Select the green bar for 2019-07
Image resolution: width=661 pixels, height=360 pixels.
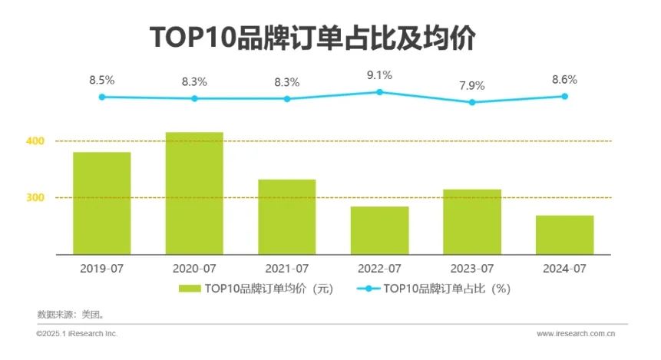point(101,203)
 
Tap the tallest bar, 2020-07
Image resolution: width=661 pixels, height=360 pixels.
point(194,193)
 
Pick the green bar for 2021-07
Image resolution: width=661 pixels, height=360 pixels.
point(286,216)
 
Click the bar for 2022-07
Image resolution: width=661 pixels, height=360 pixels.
point(379,230)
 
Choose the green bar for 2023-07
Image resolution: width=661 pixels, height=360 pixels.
point(472,221)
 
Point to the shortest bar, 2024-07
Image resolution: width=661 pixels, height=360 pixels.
point(564,234)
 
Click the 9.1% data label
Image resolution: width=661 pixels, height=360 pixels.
point(379,75)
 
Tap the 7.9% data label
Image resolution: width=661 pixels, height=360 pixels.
point(472,85)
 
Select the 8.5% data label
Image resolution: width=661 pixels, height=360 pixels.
point(101,79)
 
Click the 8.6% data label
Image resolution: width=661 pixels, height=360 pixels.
point(564,79)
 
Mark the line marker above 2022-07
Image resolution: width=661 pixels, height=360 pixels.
point(379,92)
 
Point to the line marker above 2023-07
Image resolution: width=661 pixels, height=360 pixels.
point(472,102)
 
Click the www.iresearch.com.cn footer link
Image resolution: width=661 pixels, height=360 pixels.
point(576,334)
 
